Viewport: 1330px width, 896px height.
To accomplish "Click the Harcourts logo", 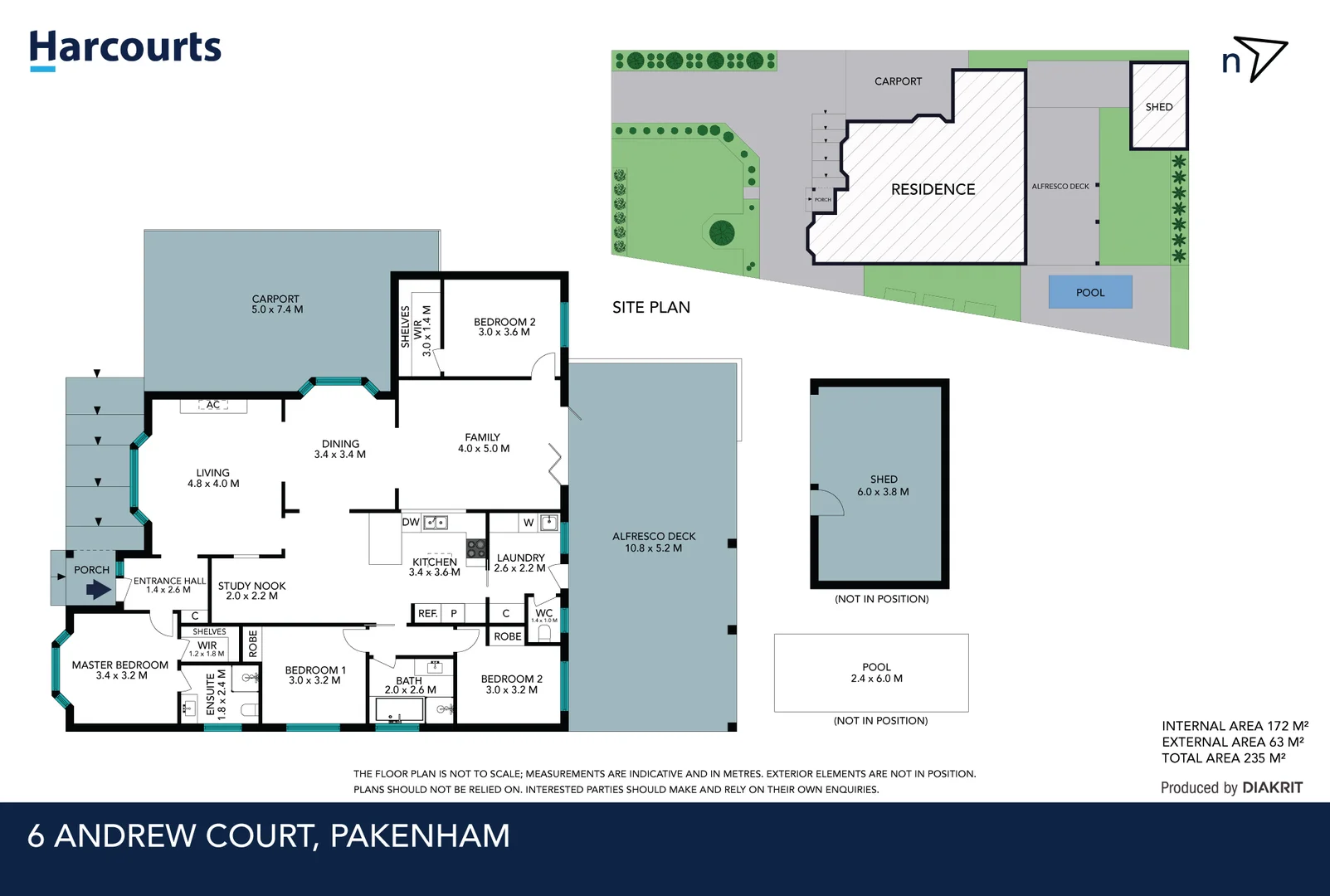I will point(124,48).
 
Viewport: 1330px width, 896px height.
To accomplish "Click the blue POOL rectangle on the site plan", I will point(1089,292).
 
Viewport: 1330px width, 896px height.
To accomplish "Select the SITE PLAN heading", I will point(650,307).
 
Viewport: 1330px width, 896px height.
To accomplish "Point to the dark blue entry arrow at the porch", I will point(98,590).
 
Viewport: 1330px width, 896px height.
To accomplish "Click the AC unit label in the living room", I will point(213,405).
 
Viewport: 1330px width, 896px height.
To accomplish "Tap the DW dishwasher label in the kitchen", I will point(411,522).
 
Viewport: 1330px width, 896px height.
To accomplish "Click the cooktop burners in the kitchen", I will point(475,548).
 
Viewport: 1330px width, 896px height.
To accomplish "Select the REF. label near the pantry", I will point(427,613).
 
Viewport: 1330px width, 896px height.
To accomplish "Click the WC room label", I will point(543,613).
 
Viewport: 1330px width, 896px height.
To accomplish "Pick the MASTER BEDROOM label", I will point(120,670).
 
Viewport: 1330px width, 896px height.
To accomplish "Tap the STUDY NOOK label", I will point(251,590).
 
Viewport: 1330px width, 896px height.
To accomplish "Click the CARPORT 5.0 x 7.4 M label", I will point(276,304).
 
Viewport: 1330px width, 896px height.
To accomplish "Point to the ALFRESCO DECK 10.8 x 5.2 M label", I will point(654,542).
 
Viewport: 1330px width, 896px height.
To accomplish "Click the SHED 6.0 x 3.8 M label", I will point(883,485).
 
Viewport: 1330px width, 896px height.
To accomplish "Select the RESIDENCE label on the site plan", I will point(933,189).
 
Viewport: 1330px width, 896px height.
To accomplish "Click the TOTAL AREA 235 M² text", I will point(1223,757).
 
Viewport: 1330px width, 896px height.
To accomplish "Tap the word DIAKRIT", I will point(1272,787).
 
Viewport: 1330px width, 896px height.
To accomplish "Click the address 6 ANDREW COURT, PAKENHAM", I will point(268,835).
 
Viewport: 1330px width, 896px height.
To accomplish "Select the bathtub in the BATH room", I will point(399,710).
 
